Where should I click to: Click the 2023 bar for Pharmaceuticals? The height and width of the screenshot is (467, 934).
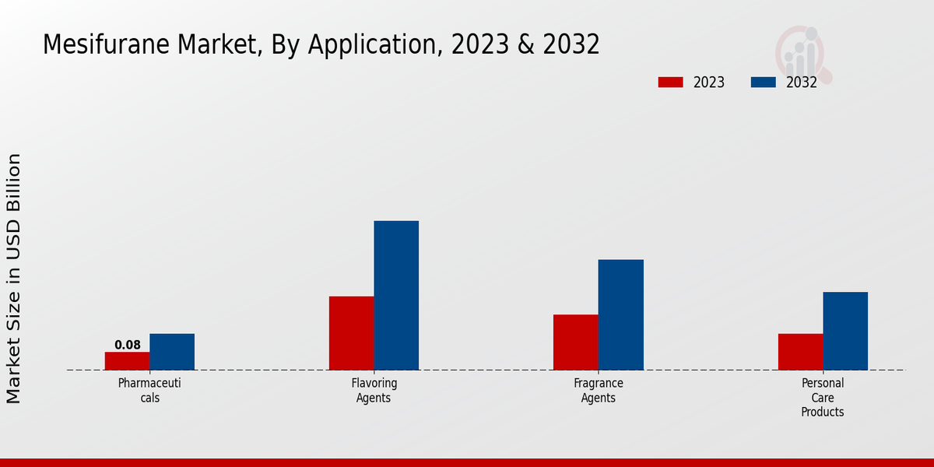coord(127,361)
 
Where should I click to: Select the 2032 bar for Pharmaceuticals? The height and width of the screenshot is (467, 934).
coord(172,352)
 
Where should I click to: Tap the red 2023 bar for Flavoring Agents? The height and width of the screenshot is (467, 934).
coord(351,333)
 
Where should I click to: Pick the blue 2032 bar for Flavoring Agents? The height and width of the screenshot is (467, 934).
coord(396,296)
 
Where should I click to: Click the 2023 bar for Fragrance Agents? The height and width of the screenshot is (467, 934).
coord(576,342)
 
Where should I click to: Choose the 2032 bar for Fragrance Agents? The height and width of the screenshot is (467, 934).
coord(621,314)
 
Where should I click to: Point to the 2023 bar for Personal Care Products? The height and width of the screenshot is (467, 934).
coord(800,352)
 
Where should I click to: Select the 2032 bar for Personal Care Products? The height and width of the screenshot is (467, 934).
coord(845,331)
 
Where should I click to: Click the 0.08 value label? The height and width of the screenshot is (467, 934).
coord(128,345)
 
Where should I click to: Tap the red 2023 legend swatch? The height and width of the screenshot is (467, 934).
coord(670,83)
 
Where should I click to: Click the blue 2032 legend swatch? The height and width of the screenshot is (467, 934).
coord(764,83)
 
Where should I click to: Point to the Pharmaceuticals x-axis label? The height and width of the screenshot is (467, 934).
coord(149,390)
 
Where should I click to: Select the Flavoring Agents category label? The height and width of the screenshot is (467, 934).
coord(374,390)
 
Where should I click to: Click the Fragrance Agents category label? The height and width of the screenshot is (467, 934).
coord(599,390)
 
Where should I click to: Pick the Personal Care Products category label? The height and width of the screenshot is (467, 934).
coord(823,397)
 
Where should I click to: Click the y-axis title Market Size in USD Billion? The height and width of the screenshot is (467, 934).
coord(14,279)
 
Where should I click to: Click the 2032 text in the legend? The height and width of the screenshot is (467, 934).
coord(801,83)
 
